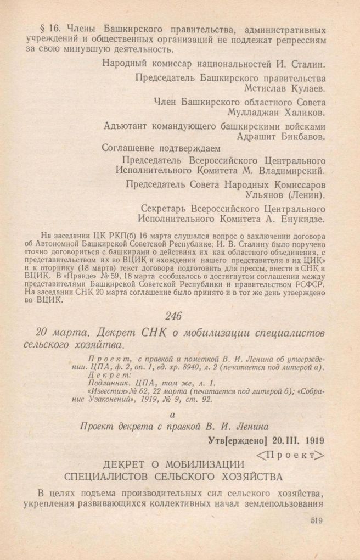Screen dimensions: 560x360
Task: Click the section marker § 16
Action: (48, 29)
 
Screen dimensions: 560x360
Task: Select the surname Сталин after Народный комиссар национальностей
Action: (307, 63)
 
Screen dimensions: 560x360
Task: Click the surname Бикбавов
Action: (303, 137)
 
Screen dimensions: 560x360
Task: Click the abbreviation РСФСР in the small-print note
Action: (311, 286)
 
